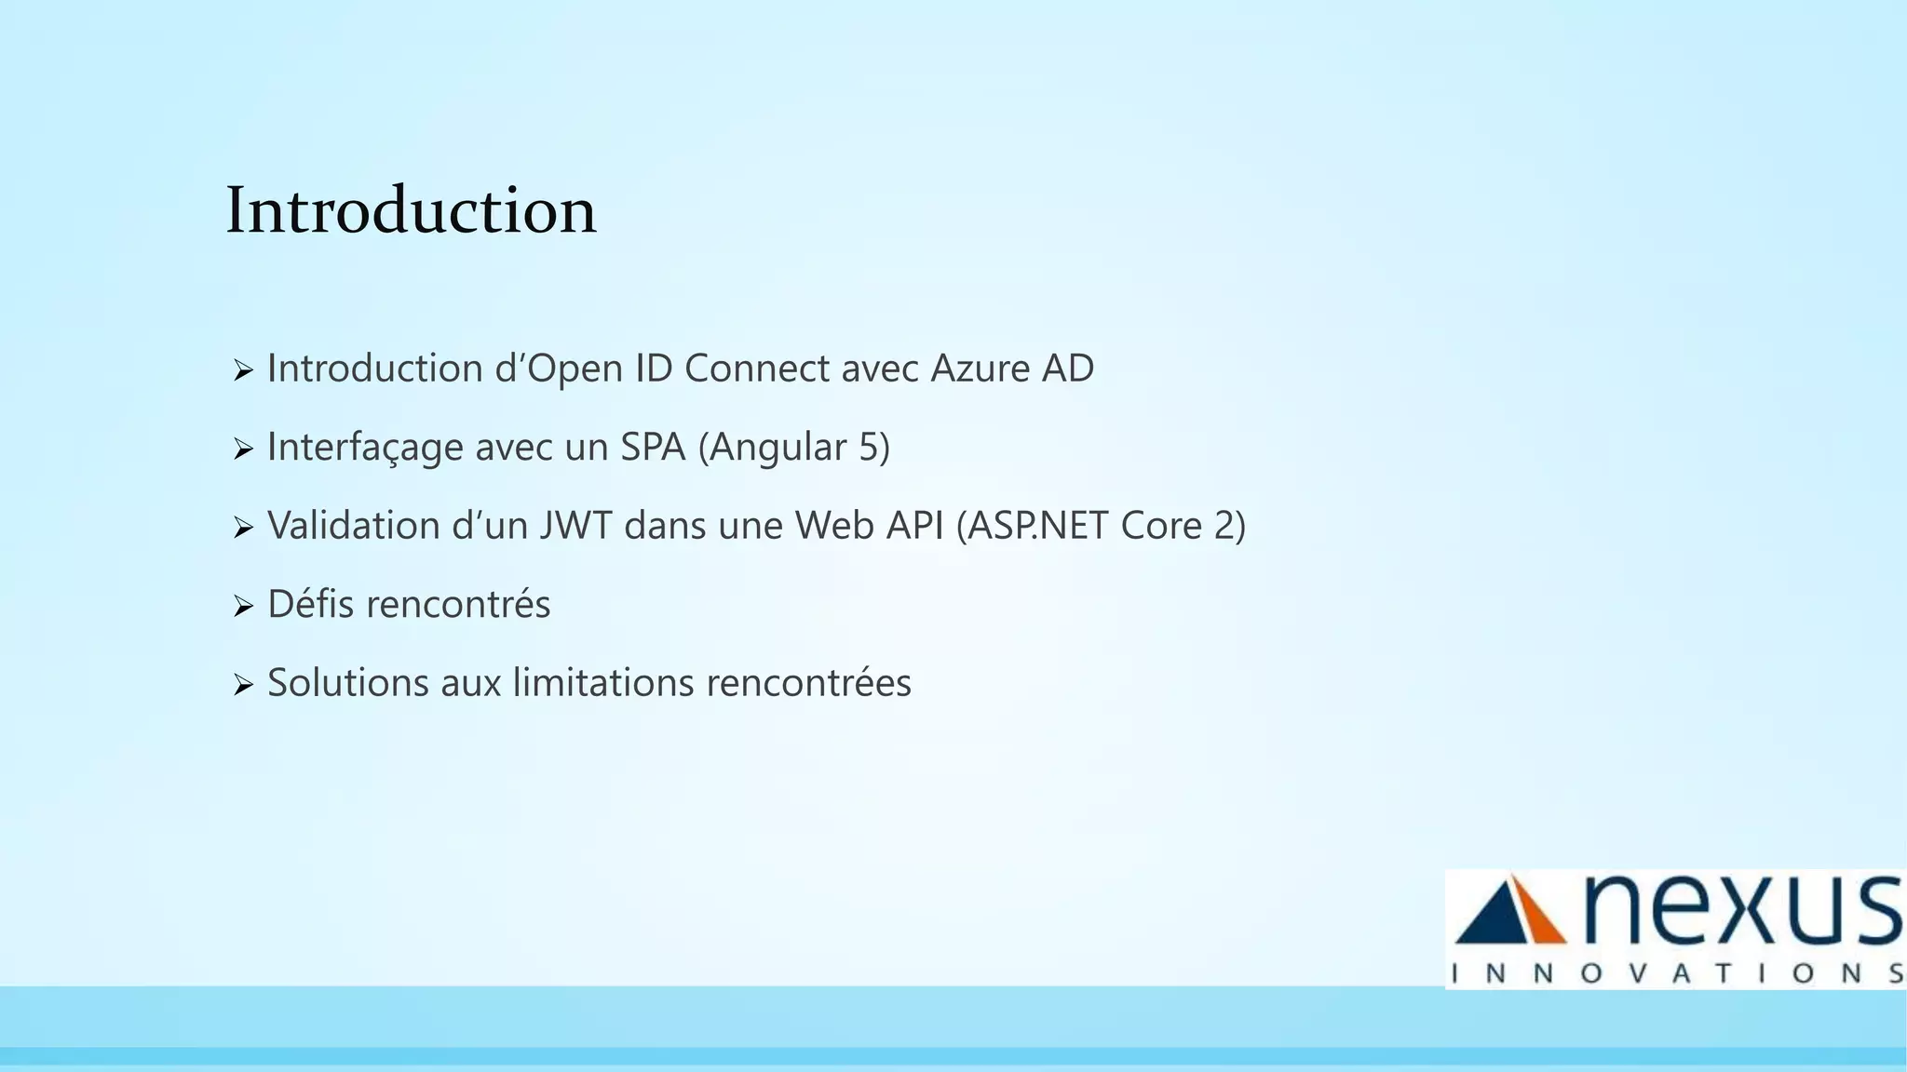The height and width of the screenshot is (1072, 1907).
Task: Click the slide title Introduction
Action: (411, 210)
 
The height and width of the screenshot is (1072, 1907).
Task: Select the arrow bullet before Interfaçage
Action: (243, 450)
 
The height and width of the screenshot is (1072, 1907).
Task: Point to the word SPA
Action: (653, 448)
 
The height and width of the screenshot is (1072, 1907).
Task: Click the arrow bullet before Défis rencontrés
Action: (243, 608)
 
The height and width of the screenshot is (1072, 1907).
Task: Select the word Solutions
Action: (348, 683)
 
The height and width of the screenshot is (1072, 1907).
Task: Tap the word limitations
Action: (603, 683)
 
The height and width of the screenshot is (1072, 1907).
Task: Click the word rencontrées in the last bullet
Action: (808, 683)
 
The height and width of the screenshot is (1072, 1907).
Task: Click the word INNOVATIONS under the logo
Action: (1676, 973)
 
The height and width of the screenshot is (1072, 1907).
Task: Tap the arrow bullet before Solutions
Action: (243, 687)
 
